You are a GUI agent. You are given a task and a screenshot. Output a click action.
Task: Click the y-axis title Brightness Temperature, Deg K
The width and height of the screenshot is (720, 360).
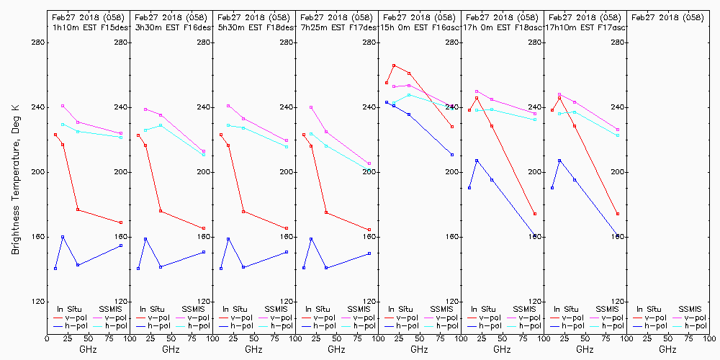point(14,179)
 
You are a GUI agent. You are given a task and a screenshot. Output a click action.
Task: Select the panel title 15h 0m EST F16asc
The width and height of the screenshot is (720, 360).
point(420,27)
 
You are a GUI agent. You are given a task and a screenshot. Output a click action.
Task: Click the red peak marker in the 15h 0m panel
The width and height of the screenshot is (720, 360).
point(394,66)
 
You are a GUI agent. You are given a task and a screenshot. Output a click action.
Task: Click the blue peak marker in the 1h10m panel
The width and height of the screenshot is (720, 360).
point(63,237)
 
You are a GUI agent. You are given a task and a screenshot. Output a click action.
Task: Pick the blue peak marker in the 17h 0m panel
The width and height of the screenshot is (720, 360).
point(477,160)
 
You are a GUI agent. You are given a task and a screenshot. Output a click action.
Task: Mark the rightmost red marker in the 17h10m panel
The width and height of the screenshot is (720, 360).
point(618,214)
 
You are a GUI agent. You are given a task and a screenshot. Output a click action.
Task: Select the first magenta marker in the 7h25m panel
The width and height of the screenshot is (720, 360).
point(311,107)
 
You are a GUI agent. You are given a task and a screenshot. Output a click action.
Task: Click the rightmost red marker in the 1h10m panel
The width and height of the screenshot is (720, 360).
point(121,222)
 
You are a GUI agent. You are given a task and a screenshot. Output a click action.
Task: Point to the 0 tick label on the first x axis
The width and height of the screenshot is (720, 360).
point(48,337)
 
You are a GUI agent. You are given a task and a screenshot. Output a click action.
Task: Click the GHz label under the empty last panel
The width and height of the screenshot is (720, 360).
point(667,349)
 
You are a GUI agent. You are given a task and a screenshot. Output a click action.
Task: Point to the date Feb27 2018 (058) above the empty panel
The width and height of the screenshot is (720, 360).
point(667,17)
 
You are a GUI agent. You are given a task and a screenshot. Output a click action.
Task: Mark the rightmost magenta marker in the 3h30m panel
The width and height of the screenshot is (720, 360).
point(204,151)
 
